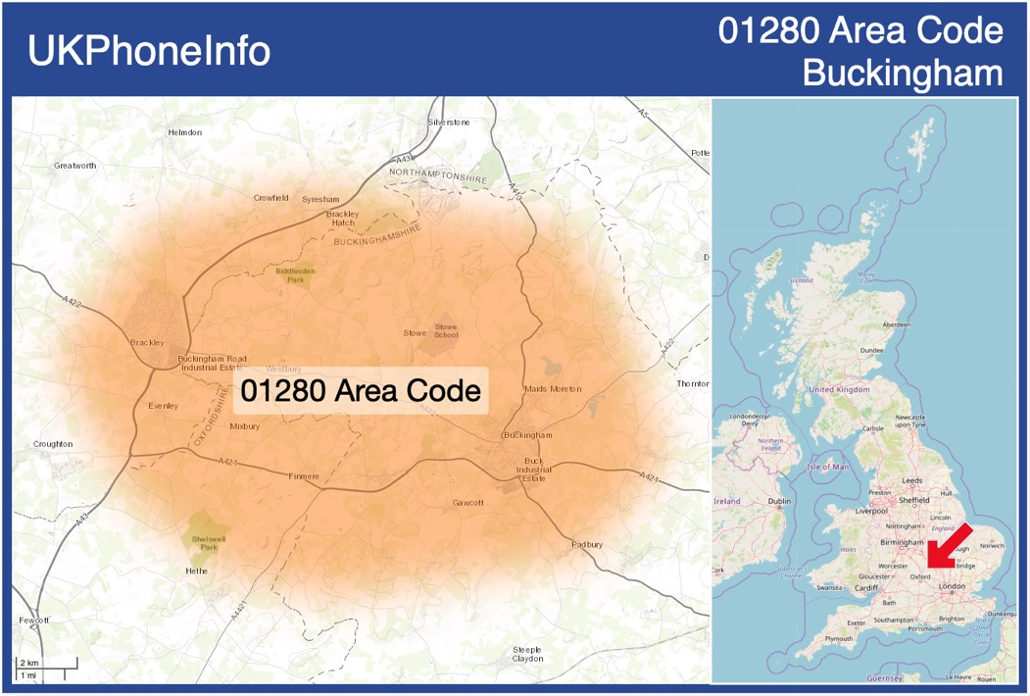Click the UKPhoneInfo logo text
(x=149, y=51)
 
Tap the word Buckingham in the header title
(x=902, y=73)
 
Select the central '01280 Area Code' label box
(x=361, y=391)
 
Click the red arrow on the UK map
(x=950, y=546)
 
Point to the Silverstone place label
(x=449, y=123)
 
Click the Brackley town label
(x=147, y=343)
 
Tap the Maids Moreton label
(x=552, y=389)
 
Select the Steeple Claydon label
(x=528, y=654)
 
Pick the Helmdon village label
(x=184, y=132)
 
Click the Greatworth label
(x=75, y=166)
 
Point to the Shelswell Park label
(x=208, y=542)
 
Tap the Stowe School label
(x=446, y=330)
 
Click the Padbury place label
(x=586, y=544)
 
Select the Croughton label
(x=53, y=444)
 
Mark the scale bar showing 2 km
(x=45, y=670)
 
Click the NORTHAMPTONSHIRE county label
(x=438, y=173)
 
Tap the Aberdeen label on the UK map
(x=896, y=323)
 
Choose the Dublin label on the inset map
(x=780, y=501)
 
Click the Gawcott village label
(x=468, y=503)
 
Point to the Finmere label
(x=304, y=476)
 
